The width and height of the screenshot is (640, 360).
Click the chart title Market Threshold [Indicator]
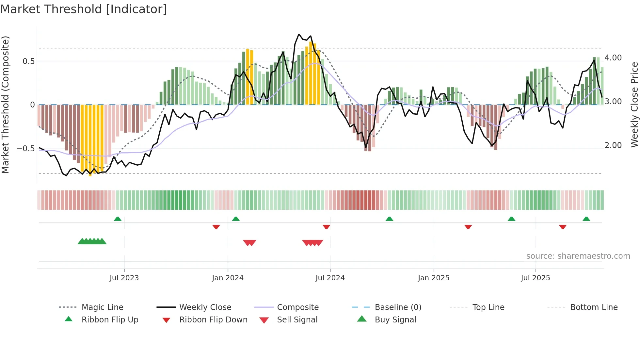[x=84, y=9]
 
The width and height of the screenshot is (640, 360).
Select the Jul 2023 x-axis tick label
[x=124, y=278]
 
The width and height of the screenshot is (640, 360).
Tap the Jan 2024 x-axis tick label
[x=228, y=278]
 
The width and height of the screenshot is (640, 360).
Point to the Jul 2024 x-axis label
[x=330, y=278]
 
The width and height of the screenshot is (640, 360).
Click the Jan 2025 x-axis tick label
[x=433, y=278]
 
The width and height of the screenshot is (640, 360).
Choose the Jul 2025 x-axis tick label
[x=535, y=278]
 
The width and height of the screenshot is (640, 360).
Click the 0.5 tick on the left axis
[x=29, y=61]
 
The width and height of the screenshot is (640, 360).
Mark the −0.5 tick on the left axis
[x=26, y=149]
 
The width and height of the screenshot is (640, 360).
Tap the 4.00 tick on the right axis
[x=613, y=58]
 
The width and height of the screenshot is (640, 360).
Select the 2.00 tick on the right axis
[x=613, y=145]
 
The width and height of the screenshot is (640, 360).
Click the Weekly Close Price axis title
[x=634, y=105]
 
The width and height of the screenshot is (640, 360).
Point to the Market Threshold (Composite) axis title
[x=6, y=105]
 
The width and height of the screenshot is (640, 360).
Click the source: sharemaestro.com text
[x=578, y=256]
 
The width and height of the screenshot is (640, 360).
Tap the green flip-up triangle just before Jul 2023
[x=118, y=219]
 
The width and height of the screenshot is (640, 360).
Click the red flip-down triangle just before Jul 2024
[x=326, y=227]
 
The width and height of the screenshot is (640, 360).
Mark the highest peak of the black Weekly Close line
[x=299, y=34]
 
